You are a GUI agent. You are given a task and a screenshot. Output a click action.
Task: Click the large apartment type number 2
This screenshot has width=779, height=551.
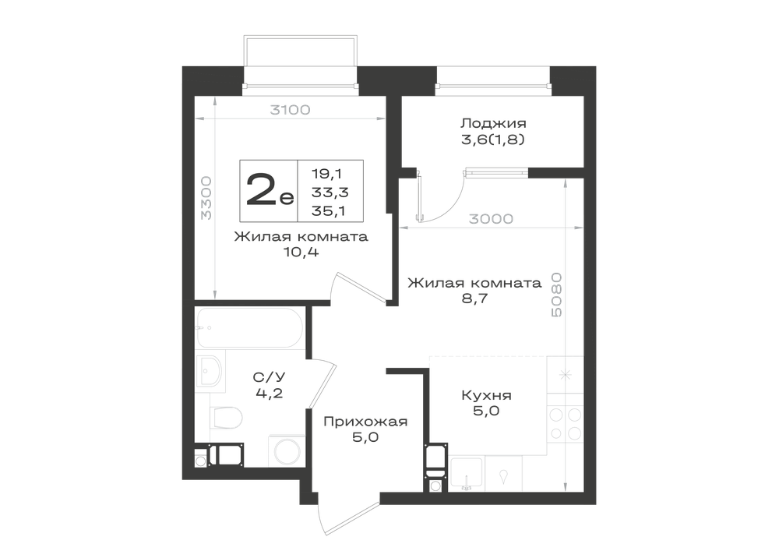(262, 189)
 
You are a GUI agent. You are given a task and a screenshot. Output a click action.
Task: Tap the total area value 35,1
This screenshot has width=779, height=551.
(329, 211)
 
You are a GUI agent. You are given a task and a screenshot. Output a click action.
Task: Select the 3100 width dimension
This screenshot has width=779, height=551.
(290, 110)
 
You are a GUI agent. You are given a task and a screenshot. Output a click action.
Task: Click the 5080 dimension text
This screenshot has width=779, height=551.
(556, 295)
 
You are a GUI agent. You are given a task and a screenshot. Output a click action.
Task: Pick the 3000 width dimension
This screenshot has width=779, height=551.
(491, 219)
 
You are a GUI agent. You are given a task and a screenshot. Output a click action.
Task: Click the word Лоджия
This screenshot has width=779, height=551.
(493, 123)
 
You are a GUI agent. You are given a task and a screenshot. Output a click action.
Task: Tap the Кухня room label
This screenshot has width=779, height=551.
(486, 395)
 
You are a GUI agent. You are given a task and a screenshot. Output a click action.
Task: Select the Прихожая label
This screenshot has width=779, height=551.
(365, 422)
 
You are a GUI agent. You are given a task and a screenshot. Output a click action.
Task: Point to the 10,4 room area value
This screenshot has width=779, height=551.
(301, 253)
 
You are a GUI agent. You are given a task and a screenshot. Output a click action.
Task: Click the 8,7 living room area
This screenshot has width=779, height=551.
(474, 298)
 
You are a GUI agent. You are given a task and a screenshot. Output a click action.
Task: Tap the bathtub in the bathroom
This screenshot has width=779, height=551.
(249, 328)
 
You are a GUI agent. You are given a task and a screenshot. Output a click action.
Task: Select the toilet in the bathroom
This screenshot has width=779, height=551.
(226, 417)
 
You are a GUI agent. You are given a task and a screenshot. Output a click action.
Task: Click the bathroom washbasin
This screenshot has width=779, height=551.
(210, 371)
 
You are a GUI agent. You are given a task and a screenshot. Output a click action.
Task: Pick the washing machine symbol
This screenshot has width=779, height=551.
(286, 451)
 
